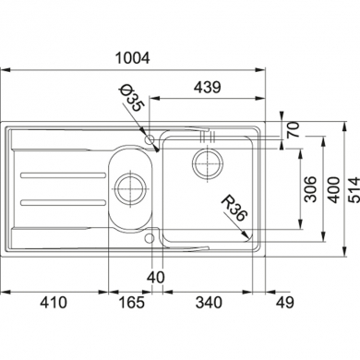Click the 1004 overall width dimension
click(x=132, y=58)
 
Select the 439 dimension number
click(x=208, y=88)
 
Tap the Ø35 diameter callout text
click(x=131, y=99)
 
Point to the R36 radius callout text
click(x=234, y=208)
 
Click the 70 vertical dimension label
click(x=293, y=129)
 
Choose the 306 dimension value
click(x=310, y=189)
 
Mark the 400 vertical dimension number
click(x=333, y=190)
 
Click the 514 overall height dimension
click(x=354, y=190)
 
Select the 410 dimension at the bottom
click(x=54, y=303)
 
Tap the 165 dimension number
click(x=131, y=303)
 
